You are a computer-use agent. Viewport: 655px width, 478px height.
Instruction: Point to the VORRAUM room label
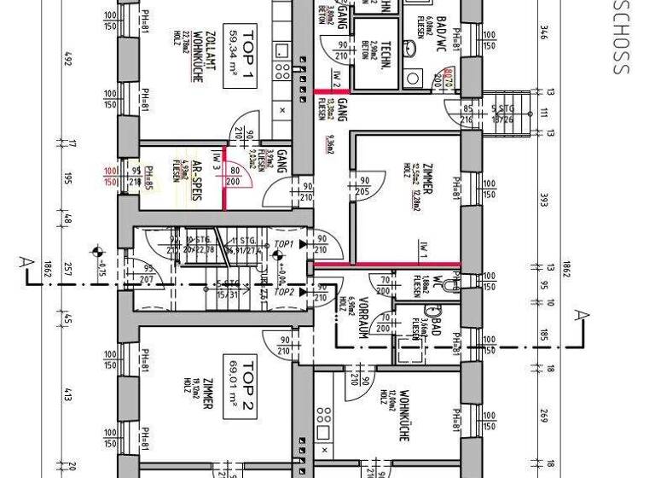pyautogui.click(x=362, y=319)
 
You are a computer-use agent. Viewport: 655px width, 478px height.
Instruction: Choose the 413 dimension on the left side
pyautogui.click(x=68, y=394)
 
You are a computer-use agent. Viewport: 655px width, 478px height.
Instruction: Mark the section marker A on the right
pyautogui.click(x=581, y=317)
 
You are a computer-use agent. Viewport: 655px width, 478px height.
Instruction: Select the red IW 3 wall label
pyautogui.click(x=217, y=162)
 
